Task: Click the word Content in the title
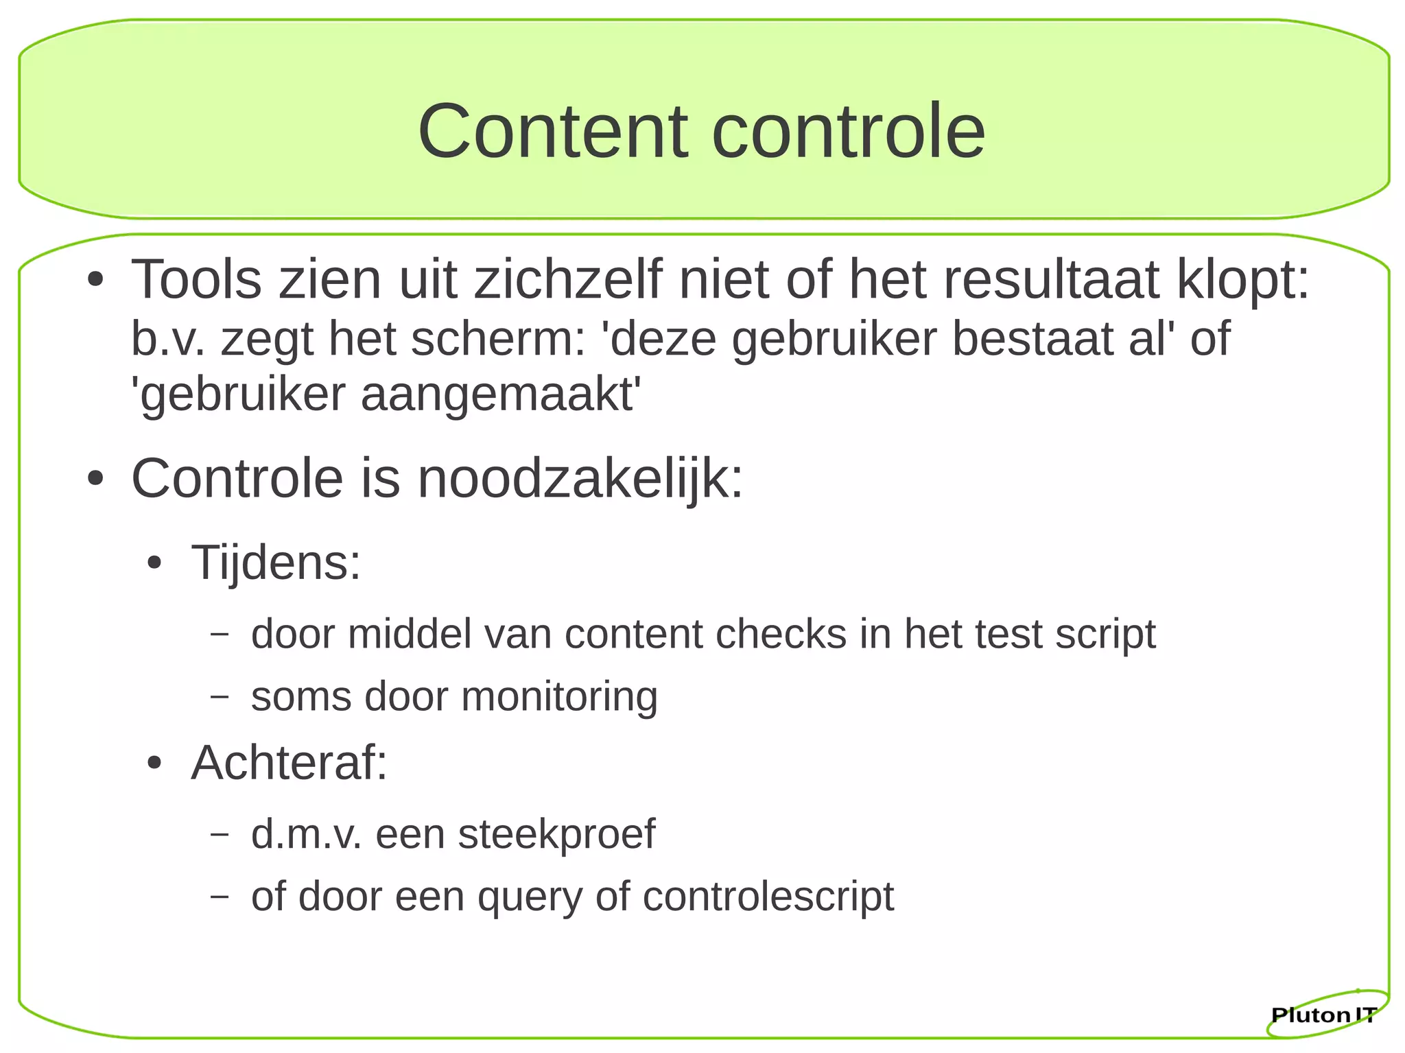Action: coord(553,131)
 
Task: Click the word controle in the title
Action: coord(849,131)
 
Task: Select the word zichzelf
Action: coord(569,280)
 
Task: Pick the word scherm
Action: coord(497,339)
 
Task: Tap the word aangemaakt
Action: coord(501,395)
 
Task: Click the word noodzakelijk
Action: coord(580,479)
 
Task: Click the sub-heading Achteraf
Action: coord(289,763)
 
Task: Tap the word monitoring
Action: coord(559,697)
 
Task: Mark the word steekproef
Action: coord(556,834)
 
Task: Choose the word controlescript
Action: coord(768,897)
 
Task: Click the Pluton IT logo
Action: coord(1325,1013)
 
